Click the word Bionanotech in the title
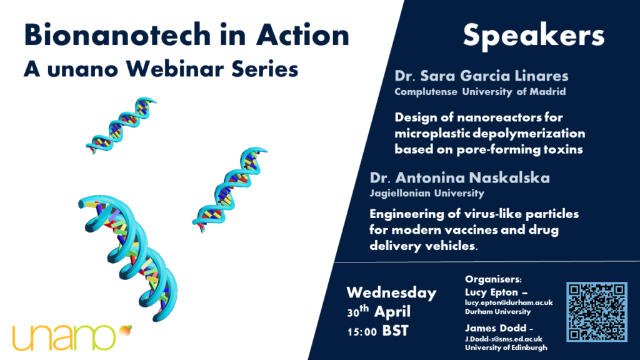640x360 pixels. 117,35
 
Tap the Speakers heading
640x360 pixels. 534,36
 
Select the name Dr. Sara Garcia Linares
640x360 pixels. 481,76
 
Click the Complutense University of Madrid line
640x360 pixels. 480,92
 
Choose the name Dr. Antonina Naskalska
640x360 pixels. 459,177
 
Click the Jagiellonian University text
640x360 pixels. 427,193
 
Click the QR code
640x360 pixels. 597,312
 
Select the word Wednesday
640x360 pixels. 391,292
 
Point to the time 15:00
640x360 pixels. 362,332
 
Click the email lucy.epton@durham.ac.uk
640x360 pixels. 509,302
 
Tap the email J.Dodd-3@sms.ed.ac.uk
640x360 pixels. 504,339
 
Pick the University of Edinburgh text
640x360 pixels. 506,347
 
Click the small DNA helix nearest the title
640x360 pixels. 121,124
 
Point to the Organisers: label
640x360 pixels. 493,279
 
